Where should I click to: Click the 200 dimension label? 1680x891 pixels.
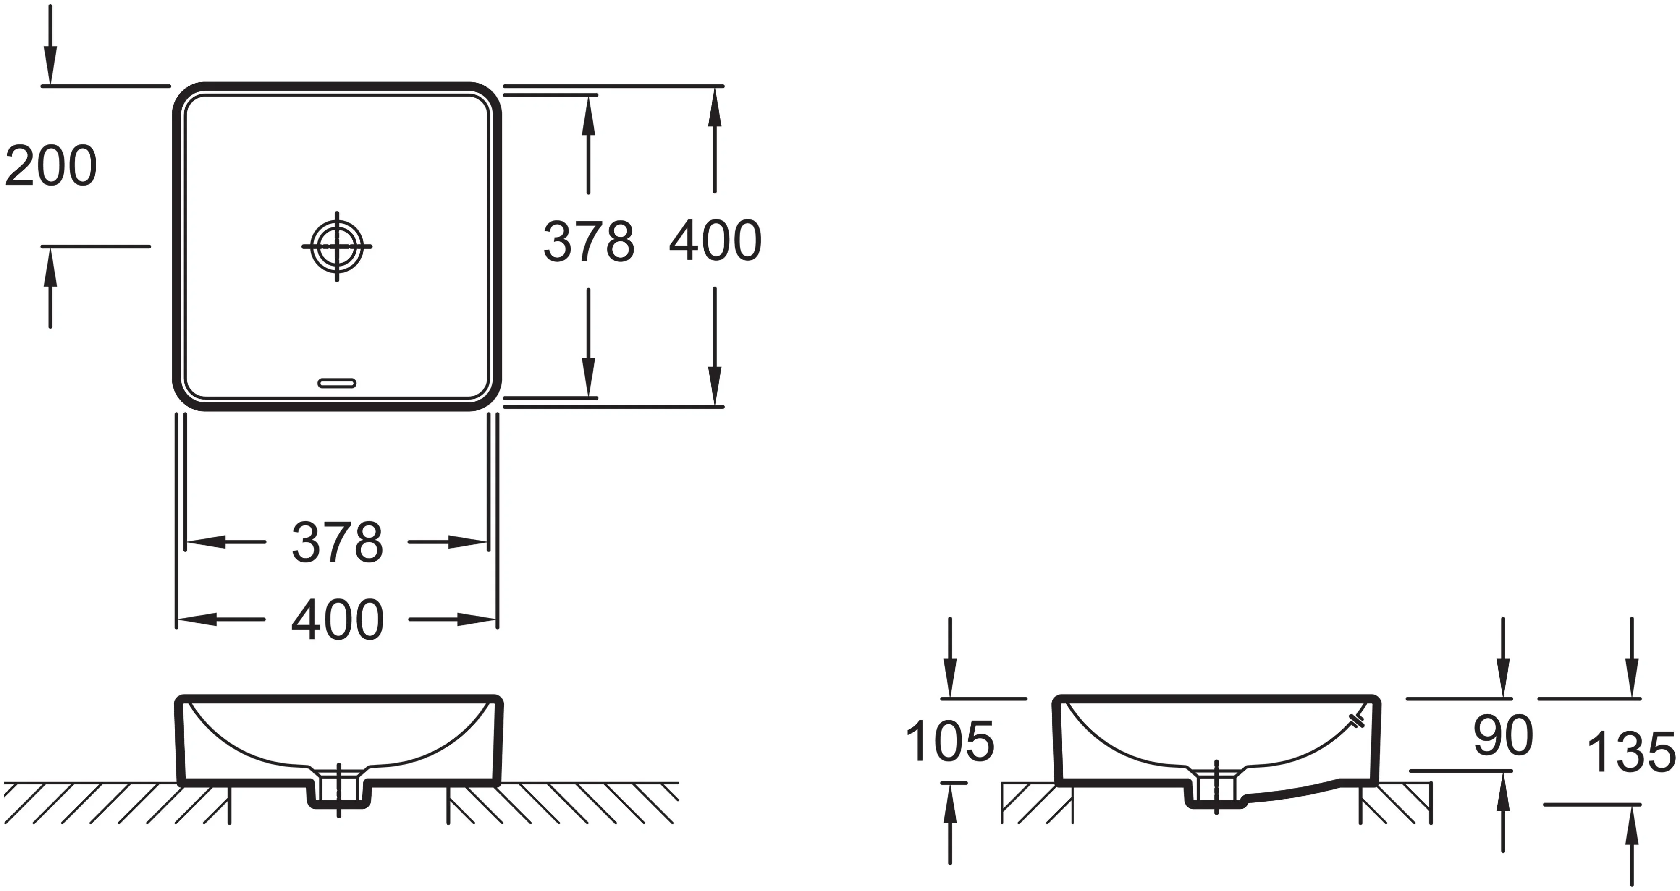click(x=51, y=167)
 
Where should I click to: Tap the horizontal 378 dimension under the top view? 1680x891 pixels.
click(x=337, y=542)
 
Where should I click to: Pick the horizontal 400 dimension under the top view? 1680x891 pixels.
click(x=337, y=620)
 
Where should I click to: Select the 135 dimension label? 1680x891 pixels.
click(x=1630, y=752)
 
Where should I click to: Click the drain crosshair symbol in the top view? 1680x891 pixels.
click(x=336, y=246)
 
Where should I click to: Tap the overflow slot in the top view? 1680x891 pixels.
click(x=336, y=383)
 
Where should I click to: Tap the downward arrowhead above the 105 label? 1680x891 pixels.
click(x=950, y=678)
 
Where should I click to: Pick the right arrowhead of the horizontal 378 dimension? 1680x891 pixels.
click(x=468, y=542)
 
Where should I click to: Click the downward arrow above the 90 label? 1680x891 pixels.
click(x=1503, y=678)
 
